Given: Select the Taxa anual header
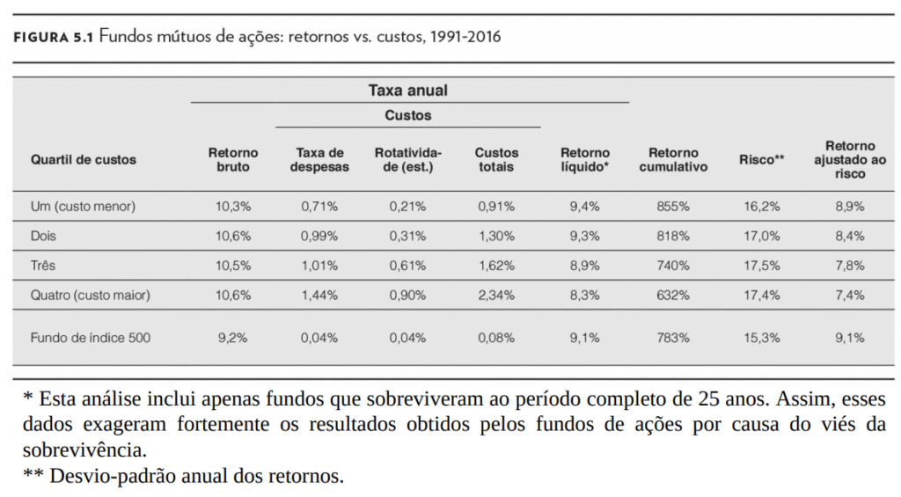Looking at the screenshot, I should tap(407, 91).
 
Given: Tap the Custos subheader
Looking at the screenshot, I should tap(407, 115).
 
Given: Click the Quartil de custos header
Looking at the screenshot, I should tap(84, 160).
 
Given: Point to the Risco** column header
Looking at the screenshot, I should tap(761, 160).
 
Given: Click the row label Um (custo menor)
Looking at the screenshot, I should tap(84, 207).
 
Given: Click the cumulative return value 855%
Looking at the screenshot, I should tap(673, 207).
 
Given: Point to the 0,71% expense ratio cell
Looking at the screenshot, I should tap(319, 207).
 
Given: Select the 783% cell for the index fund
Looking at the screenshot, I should tap(673, 337).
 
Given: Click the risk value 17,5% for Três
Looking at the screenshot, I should tap(761, 266).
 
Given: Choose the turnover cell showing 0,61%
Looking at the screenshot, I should tap(407, 266).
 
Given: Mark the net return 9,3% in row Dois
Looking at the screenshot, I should tap(585, 237).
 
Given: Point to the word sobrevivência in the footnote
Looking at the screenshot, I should tap(84, 450).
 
